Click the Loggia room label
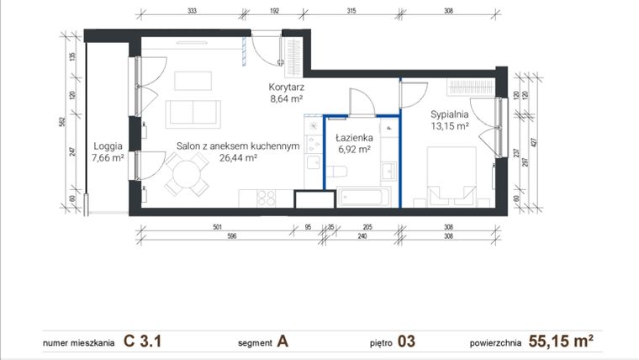108,145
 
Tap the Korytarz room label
286,87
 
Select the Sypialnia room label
450,114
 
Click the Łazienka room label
353,137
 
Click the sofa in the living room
193,113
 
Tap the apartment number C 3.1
142,341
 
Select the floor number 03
405,341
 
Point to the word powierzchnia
495,343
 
